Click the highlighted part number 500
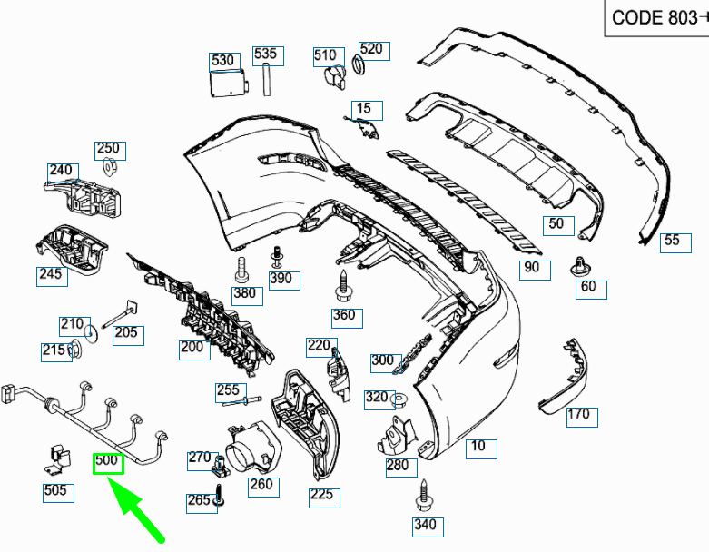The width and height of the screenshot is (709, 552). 108,462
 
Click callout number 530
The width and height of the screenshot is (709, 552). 222,61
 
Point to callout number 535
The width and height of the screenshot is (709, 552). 265,54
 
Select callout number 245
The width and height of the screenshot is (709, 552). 52,274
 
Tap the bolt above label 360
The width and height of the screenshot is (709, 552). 343,286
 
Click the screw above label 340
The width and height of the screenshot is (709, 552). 424,495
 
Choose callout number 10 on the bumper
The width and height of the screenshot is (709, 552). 478,447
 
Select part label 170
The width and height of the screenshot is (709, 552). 578,415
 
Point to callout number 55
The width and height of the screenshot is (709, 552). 672,241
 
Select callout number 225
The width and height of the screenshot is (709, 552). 324,497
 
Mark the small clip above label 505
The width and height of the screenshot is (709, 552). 56,457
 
